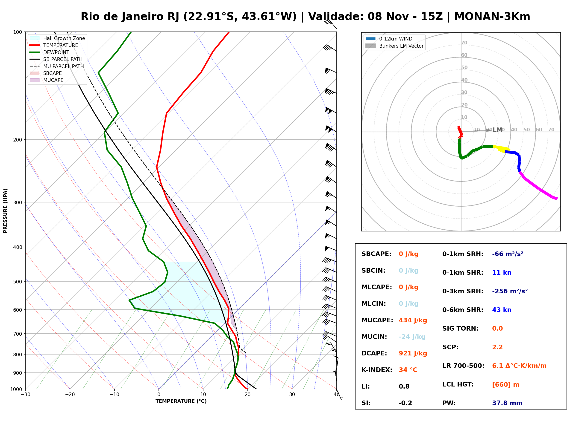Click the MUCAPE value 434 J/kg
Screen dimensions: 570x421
(x=413, y=320)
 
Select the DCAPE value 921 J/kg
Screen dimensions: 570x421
(x=413, y=353)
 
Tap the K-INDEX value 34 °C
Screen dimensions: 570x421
(x=408, y=370)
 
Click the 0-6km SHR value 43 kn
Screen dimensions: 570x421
(x=502, y=310)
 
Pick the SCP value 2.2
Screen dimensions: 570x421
(x=497, y=347)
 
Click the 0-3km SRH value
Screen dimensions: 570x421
(x=510, y=291)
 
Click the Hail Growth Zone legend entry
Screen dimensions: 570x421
(x=57, y=38)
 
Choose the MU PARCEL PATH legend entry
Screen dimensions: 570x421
(x=57, y=66)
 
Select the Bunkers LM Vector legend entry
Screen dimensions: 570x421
(x=394, y=46)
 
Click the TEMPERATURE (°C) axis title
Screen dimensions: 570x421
(x=181, y=401)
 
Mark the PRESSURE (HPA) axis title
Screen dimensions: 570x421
(x=5, y=210)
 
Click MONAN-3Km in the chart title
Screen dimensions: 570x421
(x=492, y=16)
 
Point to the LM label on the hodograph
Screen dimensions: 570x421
(x=497, y=130)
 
